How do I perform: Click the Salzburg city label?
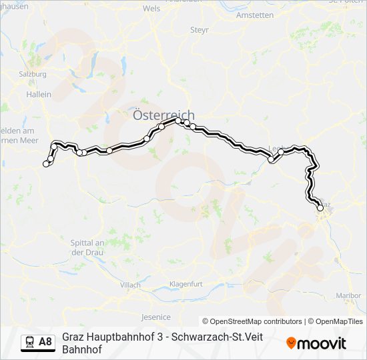pyautogui.click(x=33, y=74)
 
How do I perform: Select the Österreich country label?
pyautogui.click(x=163, y=115)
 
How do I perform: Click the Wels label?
pyautogui.click(x=151, y=9)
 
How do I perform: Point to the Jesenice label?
pyautogui.click(x=156, y=317)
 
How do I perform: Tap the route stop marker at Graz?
pyautogui.click(x=320, y=208)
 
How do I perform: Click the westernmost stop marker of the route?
pyautogui.click(x=46, y=163)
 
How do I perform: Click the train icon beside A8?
pyautogui.click(x=30, y=342)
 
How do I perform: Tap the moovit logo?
pyautogui.click(x=316, y=343)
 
